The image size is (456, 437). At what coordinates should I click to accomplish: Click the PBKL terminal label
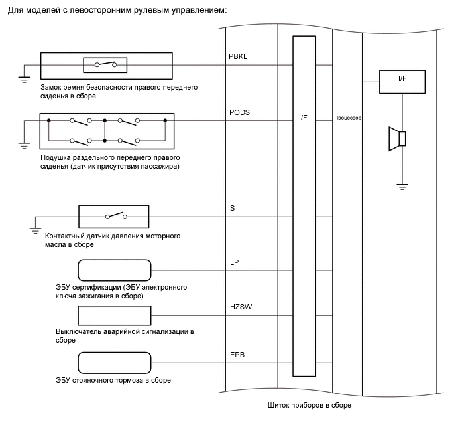tap(239, 58)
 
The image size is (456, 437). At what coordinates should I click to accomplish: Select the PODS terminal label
tap(240, 112)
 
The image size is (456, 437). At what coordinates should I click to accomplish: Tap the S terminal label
tap(232, 208)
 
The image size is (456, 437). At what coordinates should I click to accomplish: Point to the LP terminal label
tap(234, 262)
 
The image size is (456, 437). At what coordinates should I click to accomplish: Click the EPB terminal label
tap(237, 355)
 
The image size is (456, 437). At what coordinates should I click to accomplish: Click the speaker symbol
tap(397, 138)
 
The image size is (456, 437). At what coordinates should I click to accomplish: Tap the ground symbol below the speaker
tap(402, 185)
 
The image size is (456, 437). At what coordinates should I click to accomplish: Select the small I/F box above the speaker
tap(402, 82)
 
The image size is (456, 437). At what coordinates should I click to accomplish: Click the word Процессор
tap(347, 118)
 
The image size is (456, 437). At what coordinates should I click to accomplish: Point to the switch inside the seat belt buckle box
tap(105, 64)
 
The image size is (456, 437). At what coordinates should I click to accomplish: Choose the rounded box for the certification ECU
tap(115, 270)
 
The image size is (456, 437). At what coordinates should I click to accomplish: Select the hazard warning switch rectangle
tap(115, 316)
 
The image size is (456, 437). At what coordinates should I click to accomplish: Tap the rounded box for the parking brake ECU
tap(115, 363)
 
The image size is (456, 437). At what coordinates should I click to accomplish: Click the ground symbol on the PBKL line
tap(24, 79)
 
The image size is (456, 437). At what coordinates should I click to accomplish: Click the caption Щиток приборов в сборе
tap(309, 406)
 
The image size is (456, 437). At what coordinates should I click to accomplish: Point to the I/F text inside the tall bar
tap(303, 118)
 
